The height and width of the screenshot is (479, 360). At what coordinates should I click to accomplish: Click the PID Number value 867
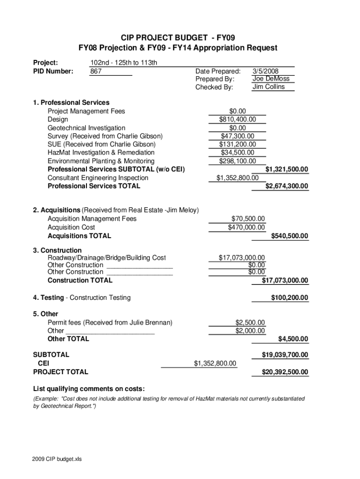click(96, 72)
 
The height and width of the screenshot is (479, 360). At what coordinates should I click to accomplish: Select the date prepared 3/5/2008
click(265, 72)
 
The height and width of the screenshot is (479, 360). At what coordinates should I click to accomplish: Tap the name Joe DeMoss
click(271, 79)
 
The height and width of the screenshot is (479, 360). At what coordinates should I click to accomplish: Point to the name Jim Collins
click(268, 87)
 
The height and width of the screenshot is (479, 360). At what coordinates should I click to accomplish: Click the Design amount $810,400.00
click(238, 120)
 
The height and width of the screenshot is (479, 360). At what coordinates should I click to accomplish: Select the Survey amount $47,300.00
click(238, 136)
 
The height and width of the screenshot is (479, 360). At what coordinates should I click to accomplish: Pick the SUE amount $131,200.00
click(238, 145)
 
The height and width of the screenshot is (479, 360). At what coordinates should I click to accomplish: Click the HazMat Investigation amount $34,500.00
click(238, 152)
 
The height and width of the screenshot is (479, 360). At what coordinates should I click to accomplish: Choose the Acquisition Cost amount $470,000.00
click(246, 227)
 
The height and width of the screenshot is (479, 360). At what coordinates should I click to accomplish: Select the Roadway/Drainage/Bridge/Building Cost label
click(107, 258)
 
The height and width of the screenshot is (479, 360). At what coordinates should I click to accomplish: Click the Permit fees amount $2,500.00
click(250, 323)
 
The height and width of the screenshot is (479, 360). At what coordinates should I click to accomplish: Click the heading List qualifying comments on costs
click(89, 389)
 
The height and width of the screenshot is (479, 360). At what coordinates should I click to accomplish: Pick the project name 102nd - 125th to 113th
click(123, 63)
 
